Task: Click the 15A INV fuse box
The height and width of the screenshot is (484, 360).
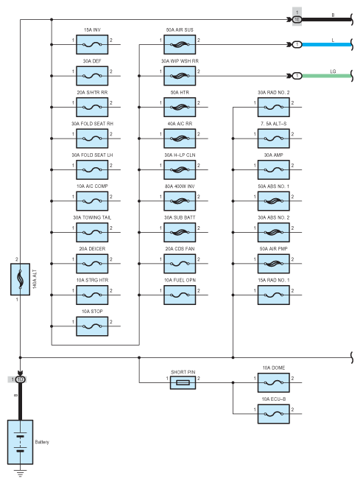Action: (x=92, y=44)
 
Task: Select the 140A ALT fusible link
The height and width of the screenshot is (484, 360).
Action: (x=20, y=279)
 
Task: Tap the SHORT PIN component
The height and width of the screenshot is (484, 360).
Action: (x=183, y=382)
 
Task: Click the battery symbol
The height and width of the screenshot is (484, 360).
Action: (x=20, y=442)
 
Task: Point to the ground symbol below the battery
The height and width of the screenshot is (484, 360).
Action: (x=20, y=473)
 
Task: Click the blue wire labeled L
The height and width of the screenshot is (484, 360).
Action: (x=327, y=44)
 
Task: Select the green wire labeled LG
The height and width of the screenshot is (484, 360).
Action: (x=327, y=76)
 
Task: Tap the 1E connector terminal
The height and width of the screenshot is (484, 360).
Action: (x=297, y=19)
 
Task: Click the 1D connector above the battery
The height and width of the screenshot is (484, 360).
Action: (x=20, y=379)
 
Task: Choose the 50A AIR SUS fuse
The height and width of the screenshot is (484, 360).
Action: (x=180, y=44)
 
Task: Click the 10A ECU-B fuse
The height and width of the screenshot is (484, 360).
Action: (x=274, y=413)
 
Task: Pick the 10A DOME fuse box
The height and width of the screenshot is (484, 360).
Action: (x=274, y=382)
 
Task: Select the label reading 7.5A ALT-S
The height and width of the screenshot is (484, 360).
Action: (x=274, y=124)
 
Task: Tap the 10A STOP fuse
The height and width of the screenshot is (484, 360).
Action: (x=92, y=326)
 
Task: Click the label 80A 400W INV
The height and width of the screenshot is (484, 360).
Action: (x=180, y=186)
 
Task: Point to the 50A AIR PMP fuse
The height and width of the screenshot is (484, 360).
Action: (x=274, y=264)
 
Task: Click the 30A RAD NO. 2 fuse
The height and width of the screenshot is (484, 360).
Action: (x=274, y=107)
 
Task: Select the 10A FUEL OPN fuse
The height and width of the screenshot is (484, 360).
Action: (x=180, y=295)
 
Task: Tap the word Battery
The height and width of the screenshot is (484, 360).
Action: (x=42, y=442)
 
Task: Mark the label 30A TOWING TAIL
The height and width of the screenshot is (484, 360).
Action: (x=92, y=217)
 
